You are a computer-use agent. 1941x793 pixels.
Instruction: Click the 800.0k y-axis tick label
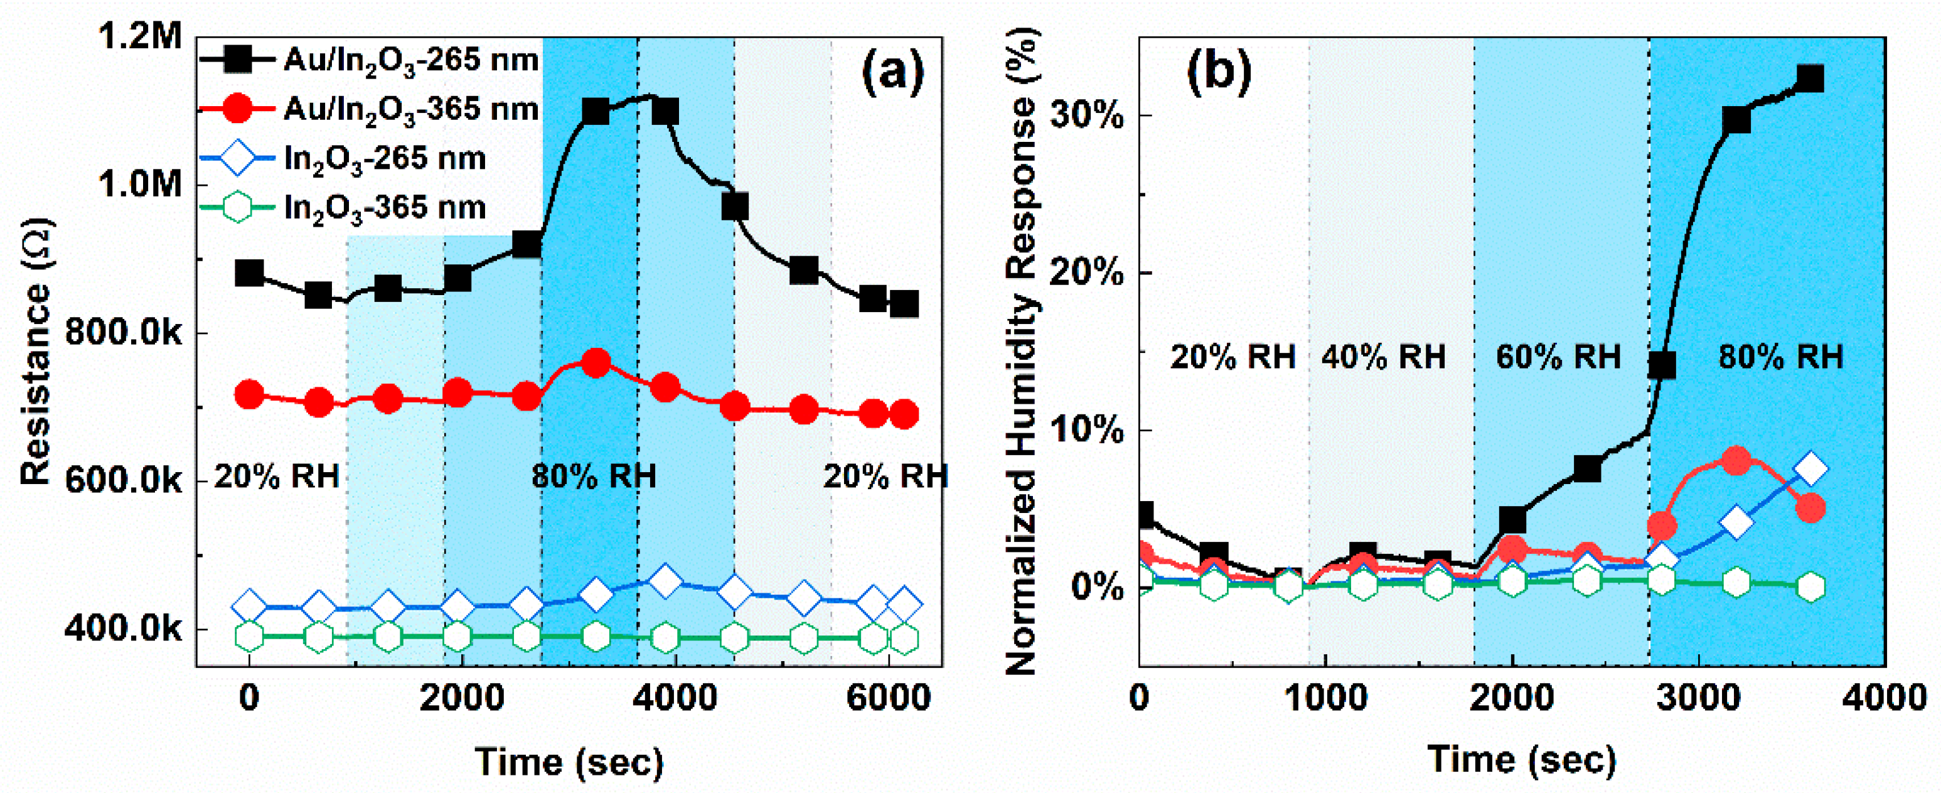(124, 332)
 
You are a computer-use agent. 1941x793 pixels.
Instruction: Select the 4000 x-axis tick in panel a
(675, 698)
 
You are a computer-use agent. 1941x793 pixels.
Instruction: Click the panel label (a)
(892, 73)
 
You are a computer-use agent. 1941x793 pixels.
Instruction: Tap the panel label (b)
(1219, 73)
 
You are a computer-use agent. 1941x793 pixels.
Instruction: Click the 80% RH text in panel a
(594, 477)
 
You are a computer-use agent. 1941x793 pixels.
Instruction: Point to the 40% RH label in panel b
(1383, 357)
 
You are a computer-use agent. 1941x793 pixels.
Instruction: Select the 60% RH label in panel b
(1558, 357)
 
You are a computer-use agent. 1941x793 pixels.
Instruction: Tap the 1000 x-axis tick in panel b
(1326, 698)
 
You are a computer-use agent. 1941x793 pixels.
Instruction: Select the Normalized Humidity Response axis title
(1022, 351)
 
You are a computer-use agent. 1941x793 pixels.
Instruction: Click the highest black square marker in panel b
(1810, 78)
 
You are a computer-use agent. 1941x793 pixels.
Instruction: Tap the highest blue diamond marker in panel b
(1810, 469)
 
